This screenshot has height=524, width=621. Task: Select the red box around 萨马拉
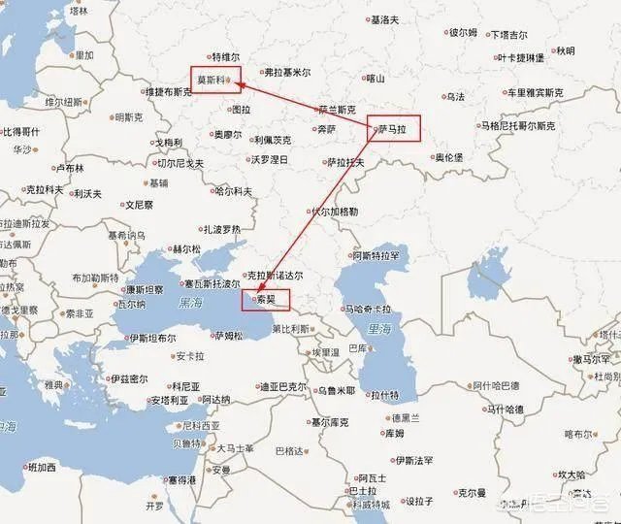[x=395, y=129]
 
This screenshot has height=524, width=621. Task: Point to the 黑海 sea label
[x=192, y=304]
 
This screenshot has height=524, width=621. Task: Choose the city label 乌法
[x=456, y=96]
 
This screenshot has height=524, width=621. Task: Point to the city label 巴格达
[x=288, y=451]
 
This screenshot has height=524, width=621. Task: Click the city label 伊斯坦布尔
[x=151, y=339]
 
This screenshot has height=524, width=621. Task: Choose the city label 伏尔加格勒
[x=334, y=211]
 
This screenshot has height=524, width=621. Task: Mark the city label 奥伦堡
[x=447, y=156]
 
